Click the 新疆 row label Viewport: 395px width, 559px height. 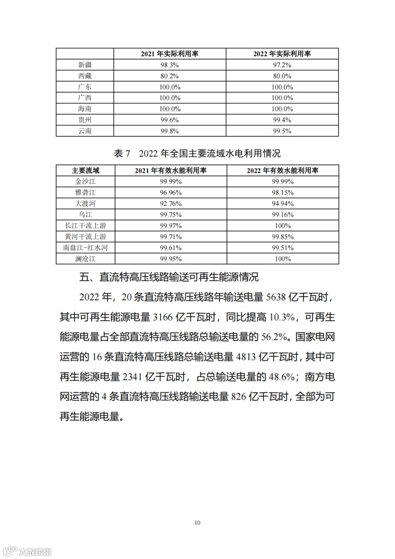click(x=85, y=65)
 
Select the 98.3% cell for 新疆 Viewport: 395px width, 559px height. click(x=170, y=65)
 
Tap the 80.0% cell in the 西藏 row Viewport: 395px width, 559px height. click(x=282, y=76)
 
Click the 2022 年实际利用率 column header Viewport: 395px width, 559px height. click(x=282, y=54)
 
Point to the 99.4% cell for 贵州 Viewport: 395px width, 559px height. click(x=282, y=120)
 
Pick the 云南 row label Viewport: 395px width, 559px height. click(x=85, y=131)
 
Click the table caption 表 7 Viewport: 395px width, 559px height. click(x=122, y=153)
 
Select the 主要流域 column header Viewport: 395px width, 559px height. click(x=85, y=171)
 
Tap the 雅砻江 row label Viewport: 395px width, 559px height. click(x=85, y=193)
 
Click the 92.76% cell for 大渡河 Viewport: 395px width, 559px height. click(x=170, y=204)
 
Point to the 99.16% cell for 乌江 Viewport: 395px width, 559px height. click(x=283, y=215)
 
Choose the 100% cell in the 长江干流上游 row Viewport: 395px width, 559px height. click(x=283, y=226)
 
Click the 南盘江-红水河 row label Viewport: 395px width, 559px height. click(x=85, y=248)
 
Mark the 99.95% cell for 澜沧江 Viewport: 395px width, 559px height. click(x=170, y=259)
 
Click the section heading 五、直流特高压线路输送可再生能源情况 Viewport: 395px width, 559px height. click(x=169, y=277)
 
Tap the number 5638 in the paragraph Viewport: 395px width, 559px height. click(x=276, y=297)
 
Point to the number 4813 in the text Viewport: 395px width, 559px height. click(x=246, y=357)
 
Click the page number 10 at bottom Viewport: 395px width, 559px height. click(x=197, y=522)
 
